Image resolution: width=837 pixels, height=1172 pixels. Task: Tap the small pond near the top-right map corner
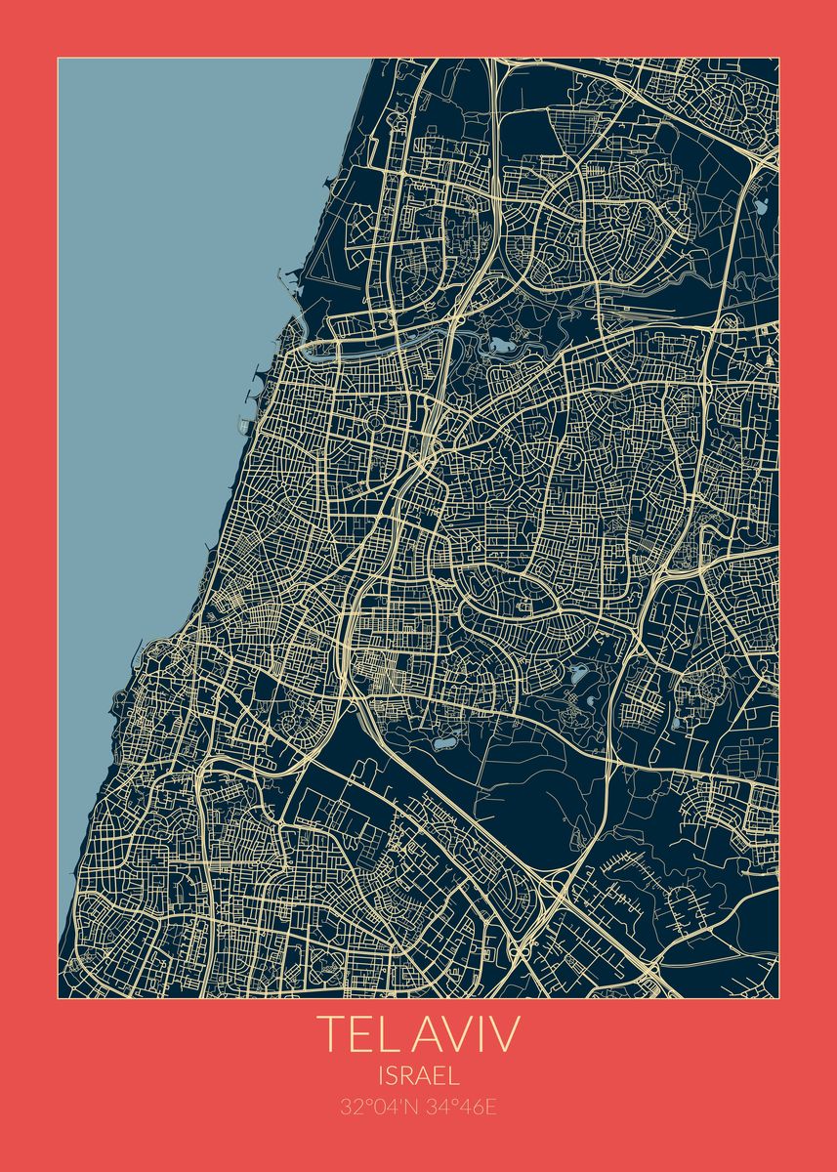[761, 206]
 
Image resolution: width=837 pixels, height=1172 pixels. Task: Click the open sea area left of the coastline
[166, 293]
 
